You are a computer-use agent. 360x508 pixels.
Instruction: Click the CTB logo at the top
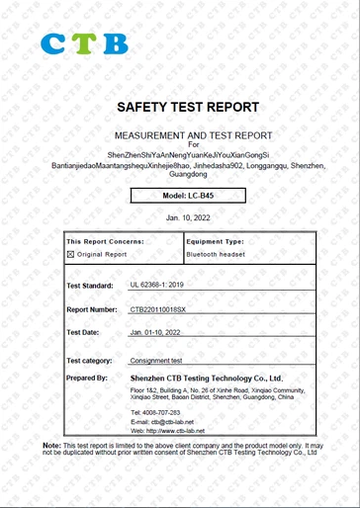point(84,43)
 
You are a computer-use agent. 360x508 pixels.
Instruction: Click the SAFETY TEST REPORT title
point(187,107)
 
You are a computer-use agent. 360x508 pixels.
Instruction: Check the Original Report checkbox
point(71,254)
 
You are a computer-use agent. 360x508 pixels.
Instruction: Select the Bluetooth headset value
point(216,254)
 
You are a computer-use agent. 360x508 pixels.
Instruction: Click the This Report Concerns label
point(105,241)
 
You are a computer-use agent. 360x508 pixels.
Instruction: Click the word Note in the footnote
point(52,447)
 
